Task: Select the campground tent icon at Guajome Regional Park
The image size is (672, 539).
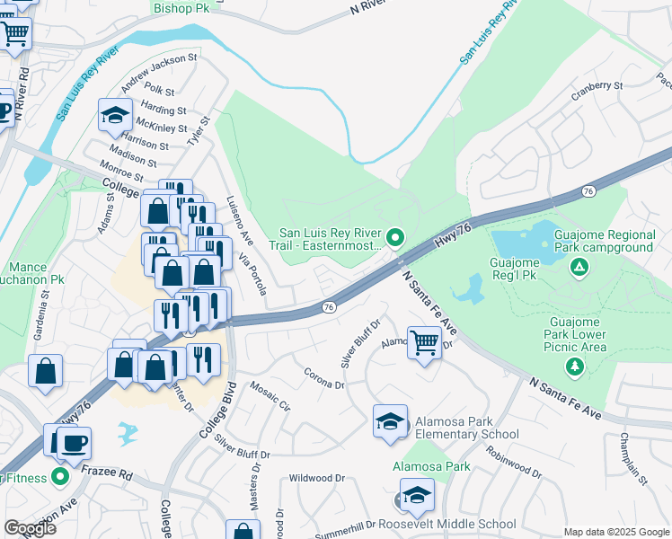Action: pos(580,267)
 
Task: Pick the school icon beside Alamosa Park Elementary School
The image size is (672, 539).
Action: pos(390,422)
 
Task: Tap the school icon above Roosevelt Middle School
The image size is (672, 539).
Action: pos(416,494)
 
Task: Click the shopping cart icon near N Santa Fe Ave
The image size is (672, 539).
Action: pos(423,342)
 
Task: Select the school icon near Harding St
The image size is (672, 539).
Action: pos(116,115)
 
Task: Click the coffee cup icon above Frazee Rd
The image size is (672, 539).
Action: pos(73,443)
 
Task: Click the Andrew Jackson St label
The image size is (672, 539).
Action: pos(159,69)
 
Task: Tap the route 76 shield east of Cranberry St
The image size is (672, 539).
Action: pos(588,191)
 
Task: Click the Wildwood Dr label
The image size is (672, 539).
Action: pos(316,479)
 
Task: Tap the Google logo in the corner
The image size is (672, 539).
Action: pos(30,528)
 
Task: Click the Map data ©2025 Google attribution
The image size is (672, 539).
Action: pos(615,532)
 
